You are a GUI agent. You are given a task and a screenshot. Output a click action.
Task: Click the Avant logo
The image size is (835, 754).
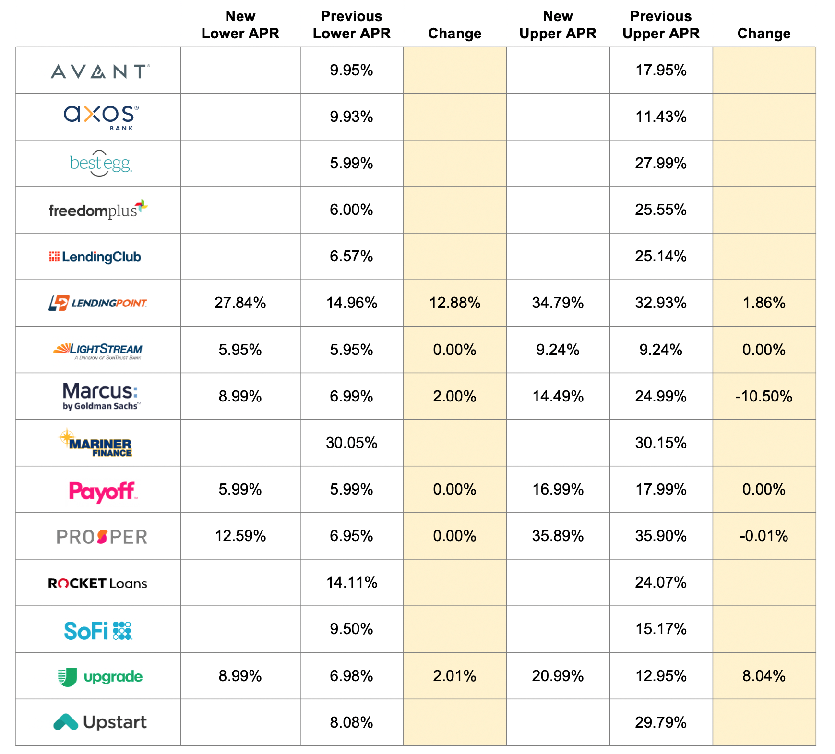point(100,71)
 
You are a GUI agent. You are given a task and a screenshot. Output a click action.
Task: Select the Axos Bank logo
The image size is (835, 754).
point(101,117)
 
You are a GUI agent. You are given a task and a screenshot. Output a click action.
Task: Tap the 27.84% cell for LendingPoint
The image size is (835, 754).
point(240,303)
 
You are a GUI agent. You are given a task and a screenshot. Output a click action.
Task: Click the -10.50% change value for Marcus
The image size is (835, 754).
point(763,396)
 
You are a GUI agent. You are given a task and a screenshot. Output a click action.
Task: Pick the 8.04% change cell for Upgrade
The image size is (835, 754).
point(763,676)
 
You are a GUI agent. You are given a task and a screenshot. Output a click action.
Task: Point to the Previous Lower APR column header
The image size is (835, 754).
point(351,25)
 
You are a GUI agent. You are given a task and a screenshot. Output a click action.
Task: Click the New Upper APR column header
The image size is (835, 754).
point(558,25)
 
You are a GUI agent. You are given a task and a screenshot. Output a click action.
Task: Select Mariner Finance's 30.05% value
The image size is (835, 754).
point(351,443)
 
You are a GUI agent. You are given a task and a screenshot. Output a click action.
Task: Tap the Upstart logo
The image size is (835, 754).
point(100,722)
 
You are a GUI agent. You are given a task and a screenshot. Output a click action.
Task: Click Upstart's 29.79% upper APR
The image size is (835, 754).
point(661,722)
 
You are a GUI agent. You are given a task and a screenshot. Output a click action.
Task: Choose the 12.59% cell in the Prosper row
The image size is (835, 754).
point(240,536)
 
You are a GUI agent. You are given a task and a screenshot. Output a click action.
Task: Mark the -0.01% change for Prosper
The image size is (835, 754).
point(763,536)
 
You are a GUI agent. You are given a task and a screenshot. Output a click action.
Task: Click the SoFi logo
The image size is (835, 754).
point(98,630)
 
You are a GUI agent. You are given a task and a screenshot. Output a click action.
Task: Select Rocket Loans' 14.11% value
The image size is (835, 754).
point(351,582)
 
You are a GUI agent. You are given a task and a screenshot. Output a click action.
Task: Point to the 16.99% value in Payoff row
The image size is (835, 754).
point(558,489)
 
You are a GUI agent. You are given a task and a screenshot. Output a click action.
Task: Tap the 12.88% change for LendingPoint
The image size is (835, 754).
point(454,303)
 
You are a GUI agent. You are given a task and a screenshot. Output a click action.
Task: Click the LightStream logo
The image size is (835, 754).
point(98,350)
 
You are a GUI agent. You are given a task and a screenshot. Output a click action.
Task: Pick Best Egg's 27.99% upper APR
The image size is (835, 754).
point(661,163)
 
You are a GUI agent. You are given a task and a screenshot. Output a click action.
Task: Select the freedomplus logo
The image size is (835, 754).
point(98,210)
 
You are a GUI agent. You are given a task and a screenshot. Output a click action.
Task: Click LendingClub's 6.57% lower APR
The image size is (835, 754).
point(351,256)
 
